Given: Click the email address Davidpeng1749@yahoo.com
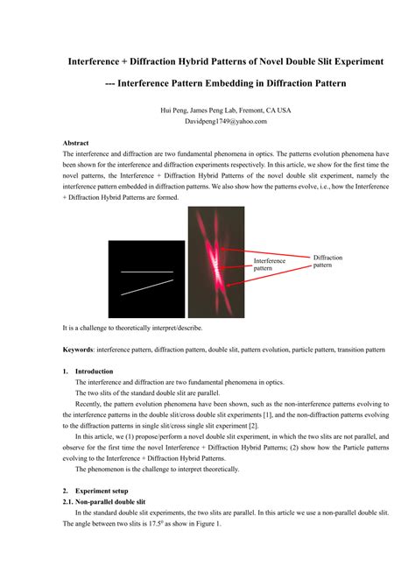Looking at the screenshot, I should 207,123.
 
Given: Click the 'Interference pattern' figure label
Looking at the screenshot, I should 269,264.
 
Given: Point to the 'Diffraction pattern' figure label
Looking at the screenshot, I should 328,260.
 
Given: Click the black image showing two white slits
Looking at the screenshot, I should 146,279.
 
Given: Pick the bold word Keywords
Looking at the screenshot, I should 78,349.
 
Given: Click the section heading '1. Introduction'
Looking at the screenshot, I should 93,371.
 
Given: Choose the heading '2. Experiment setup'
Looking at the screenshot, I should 102,492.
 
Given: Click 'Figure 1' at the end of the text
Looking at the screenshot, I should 207,523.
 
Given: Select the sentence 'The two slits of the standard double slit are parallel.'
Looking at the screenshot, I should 159,393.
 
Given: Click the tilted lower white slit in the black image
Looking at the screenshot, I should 147,288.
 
